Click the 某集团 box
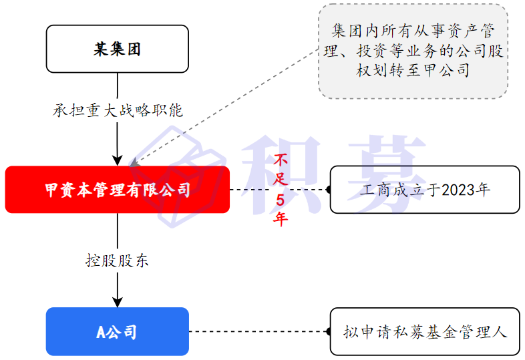[x=118, y=49]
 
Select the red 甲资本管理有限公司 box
[x=118, y=190]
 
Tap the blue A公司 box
[x=118, y=331]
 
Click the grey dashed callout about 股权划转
[x=413, y=51]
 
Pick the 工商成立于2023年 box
[x=425, y=190]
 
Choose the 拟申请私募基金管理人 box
[x=425, y=331]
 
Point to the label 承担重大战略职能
[x=118, y=110]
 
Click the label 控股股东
[x=118, y=260]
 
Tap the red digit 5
[x=281, y=200]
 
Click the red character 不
[x=281, y=160]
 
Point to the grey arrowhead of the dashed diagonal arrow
[x=134, y=162]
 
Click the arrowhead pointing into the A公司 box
[x=118, y=302]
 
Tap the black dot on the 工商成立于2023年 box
[x=329, y=190]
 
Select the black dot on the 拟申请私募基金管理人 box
[x=329, y=331]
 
